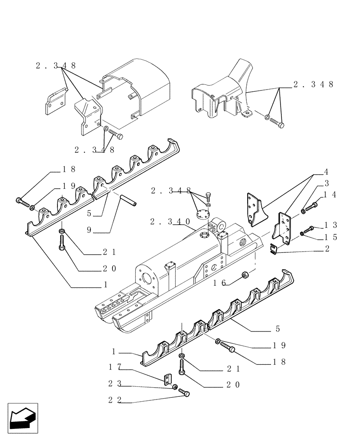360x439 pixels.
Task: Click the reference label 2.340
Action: pyautogui.click(x=169, y=222)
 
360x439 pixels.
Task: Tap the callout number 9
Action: pyautogui.click(x=89, y=229)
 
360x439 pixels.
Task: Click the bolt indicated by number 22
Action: pyautogui.click(x=186, y=395)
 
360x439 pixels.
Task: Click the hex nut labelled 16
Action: pyautogui.click(x=246, y=276)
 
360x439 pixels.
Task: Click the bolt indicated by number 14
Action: pyautogui.click(x=313, y=205)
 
